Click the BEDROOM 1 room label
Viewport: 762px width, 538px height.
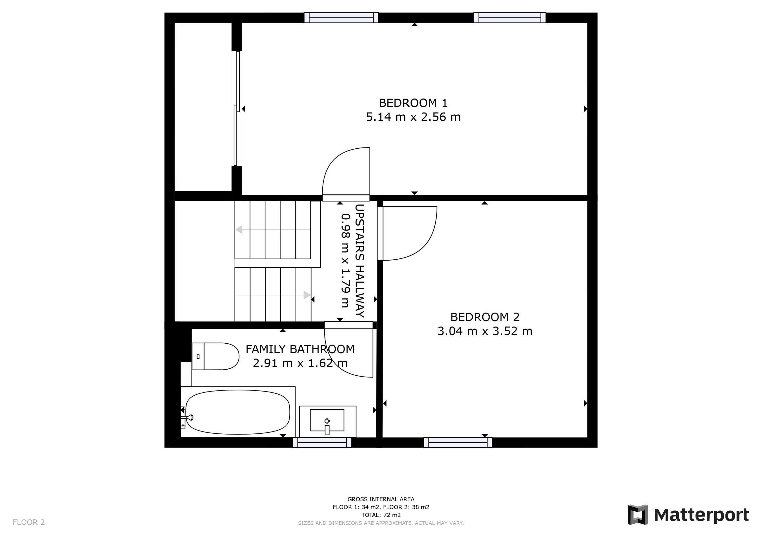(x=413, y=103)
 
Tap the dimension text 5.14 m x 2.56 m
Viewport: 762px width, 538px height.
(x=413, y=117)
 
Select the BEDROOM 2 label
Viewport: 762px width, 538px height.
(x=485, y=317)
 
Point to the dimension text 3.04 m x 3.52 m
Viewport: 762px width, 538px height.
(x=485, y=331)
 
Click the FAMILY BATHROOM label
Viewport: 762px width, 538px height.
(x=300, y=349)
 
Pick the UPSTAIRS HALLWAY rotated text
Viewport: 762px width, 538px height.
(x=360, y=261)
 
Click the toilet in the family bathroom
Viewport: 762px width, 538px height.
(x=216, y=357)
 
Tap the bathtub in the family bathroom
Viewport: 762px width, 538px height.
(x=237, y=412)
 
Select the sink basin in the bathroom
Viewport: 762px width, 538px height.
(x=327, y=420)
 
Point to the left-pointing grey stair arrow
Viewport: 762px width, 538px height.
(x=239, y=230)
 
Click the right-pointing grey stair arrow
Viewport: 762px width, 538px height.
(x=307, y=295)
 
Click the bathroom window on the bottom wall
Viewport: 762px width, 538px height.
(x=322, y=443)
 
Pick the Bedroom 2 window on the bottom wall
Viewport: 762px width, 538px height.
(x=458, y=443)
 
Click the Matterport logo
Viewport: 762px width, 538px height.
(x=688, y=515)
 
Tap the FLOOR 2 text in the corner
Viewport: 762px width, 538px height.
(x=29, y=522)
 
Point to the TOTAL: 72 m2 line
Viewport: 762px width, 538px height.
(x=381, y=515)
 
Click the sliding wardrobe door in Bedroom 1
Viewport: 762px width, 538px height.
(x=237, y=108)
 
